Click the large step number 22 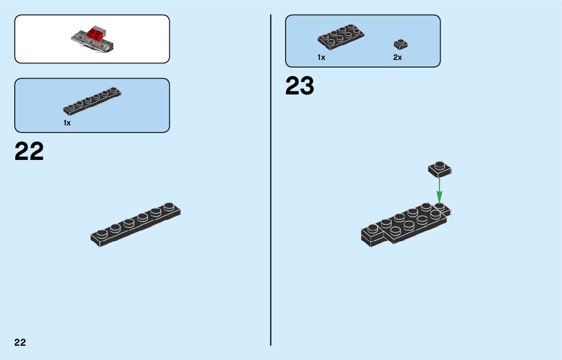29,151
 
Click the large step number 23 300,86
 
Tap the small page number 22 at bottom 20,342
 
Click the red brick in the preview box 94,35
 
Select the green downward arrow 440,190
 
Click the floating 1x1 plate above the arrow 440,169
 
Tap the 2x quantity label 397,57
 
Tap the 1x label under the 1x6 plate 67,123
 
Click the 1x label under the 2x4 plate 321,57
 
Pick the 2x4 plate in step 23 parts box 341,38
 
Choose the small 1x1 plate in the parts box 400,44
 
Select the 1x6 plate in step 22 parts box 92,101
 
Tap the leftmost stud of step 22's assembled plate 102,234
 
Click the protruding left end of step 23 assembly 373,235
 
